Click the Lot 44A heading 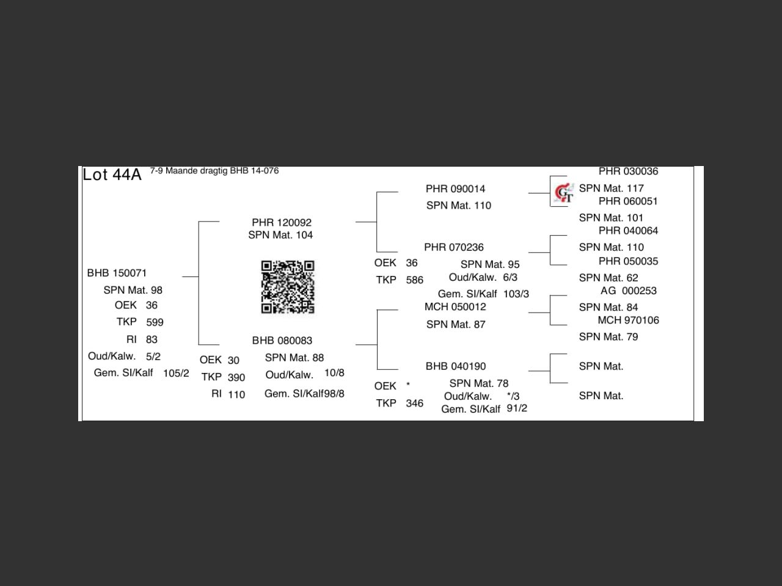(x=112, y=175)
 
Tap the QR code (x=288, y=287)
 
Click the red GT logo (x=564, y=193)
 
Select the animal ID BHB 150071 (x=117, y=273)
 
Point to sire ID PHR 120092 (x=282, y=222)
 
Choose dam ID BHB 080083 (x=282, y=341)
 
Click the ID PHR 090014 (x=455, y=189)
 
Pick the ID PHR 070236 (x=454, y=247)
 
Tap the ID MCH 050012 (x=455, y=306)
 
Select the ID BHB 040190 (x=456, y=366)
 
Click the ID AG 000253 (x=628, y=291)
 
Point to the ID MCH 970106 (x=628, y=320)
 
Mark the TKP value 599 (x=155, y=322)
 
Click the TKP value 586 (x=414, y=280)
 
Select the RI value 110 (x=236, y=394)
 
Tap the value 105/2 (x=176, y=373)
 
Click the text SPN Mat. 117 (x=611, y=188)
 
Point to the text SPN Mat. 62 (x=608, y=278)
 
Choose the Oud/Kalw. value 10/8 (x=334, y=373)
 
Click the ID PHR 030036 (x=628, y=172)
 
